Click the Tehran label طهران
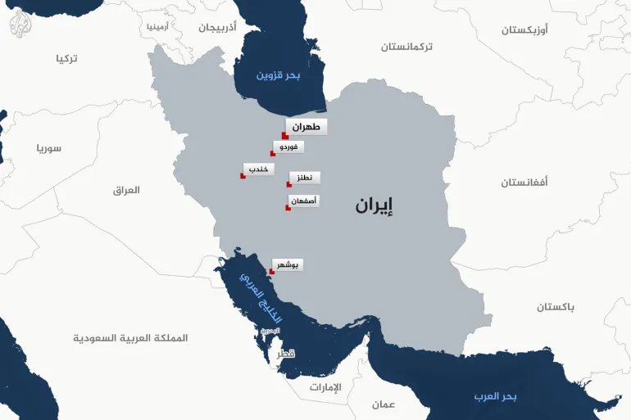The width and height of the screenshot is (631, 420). click(x=306, y=127)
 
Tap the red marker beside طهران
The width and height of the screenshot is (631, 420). click(x=284, y=136)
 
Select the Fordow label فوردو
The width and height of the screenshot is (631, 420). click(x=290, y=147)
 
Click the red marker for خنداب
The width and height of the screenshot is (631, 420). click(x=243, y=176)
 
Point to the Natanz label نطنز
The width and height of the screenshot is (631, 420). click(x=304, y=177)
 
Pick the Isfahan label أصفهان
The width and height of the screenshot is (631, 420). click(x=304, y=201)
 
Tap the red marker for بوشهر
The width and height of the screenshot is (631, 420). click(x=273, y=272)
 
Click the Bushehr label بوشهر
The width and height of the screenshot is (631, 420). click(x=289, y=264)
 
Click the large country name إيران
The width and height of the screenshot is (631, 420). click(x=374, y=205)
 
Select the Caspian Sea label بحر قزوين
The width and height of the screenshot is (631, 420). click(x=279, y=75)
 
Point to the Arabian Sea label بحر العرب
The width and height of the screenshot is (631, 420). click(x=495, y=396)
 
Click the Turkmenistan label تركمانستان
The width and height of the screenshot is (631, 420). click(x=418, y=47)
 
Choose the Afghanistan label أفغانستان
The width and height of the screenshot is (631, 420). click(x=525, y=182)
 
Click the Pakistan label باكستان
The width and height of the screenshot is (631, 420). click(x=556, y=306)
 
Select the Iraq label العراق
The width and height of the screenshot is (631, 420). click(x=126, y=190)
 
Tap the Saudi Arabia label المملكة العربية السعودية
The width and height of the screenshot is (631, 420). click(x=130, y=338)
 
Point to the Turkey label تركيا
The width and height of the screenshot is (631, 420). click(x=66, y=59)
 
